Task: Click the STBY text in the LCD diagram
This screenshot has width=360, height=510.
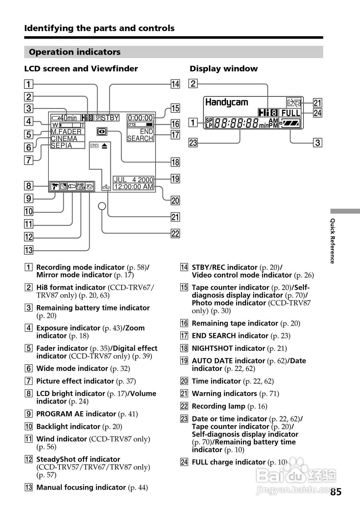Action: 110,118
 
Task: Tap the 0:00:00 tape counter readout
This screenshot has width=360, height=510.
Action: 140,118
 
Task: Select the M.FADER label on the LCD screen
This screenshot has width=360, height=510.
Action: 66,131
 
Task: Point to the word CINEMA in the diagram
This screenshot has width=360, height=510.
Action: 64,139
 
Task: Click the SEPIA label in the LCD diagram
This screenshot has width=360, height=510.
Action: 61,145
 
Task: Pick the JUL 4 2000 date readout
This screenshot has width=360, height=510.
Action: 134,180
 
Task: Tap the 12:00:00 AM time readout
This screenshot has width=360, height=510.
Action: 134,186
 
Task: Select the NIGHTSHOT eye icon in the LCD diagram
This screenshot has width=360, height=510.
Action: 101,131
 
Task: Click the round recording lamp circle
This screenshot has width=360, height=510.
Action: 102,206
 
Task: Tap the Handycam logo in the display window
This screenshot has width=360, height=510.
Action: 226,102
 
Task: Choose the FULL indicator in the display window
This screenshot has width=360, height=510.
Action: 291,113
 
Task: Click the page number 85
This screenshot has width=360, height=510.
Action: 336,492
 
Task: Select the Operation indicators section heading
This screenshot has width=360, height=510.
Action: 75,52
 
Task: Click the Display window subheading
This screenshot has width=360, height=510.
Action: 224,69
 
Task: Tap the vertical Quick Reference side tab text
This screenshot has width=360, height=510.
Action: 332,241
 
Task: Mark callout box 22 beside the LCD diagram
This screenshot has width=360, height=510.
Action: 175,233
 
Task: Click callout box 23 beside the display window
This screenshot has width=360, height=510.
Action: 194,142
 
